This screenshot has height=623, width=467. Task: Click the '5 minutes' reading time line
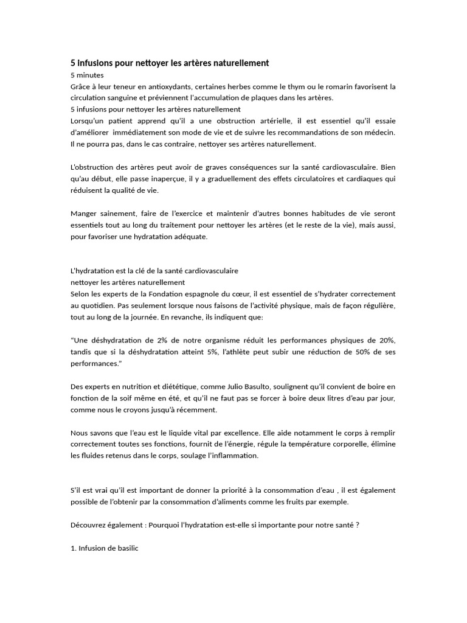[x=87, y=75]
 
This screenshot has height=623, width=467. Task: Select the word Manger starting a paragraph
[x=84, y=214]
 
